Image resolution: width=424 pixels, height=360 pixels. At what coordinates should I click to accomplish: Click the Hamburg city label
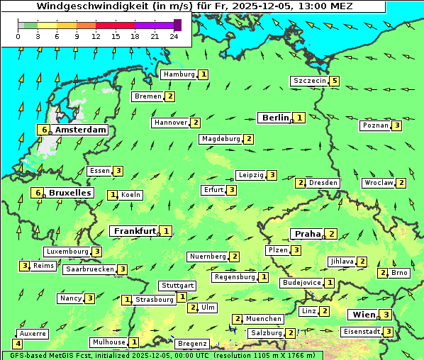[x=179, y=74]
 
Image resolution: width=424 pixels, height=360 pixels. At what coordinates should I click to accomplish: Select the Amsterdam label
[x=80, y=130]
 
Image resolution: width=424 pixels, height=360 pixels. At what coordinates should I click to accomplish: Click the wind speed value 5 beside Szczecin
[x=335, y=81]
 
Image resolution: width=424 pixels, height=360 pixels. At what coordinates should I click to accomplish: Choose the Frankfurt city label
[x=135, y=231]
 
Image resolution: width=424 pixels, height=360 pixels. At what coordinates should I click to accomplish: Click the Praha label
[x=308, y=234]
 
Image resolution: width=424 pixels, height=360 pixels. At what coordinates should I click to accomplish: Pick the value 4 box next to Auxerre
[x=18, y=344]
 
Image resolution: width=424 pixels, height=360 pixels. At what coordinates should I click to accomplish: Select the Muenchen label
[x=264, y=319]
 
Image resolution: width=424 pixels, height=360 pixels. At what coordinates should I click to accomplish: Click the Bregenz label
[x=192, y=344]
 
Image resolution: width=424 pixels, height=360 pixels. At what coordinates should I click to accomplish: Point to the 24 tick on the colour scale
[x=174, y=36]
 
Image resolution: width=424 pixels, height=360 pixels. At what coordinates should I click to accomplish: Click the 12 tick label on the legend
[x=96, y=36]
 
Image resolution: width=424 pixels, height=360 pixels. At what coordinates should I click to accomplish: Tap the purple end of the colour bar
[x=177, y=25]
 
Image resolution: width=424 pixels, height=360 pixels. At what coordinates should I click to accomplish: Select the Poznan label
[x=376, y=125]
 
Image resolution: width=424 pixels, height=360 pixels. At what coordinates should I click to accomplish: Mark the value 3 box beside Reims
[x=24, y=266]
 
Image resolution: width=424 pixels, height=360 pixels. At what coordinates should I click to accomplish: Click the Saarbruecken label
[x=89, y=269]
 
